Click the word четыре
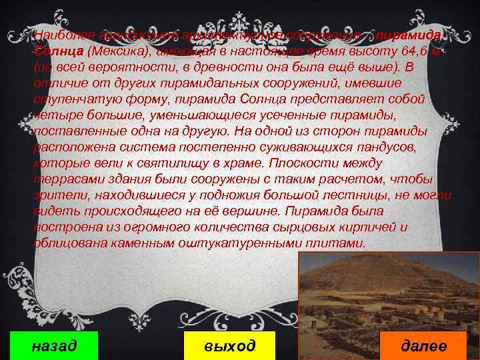[54, 116]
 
